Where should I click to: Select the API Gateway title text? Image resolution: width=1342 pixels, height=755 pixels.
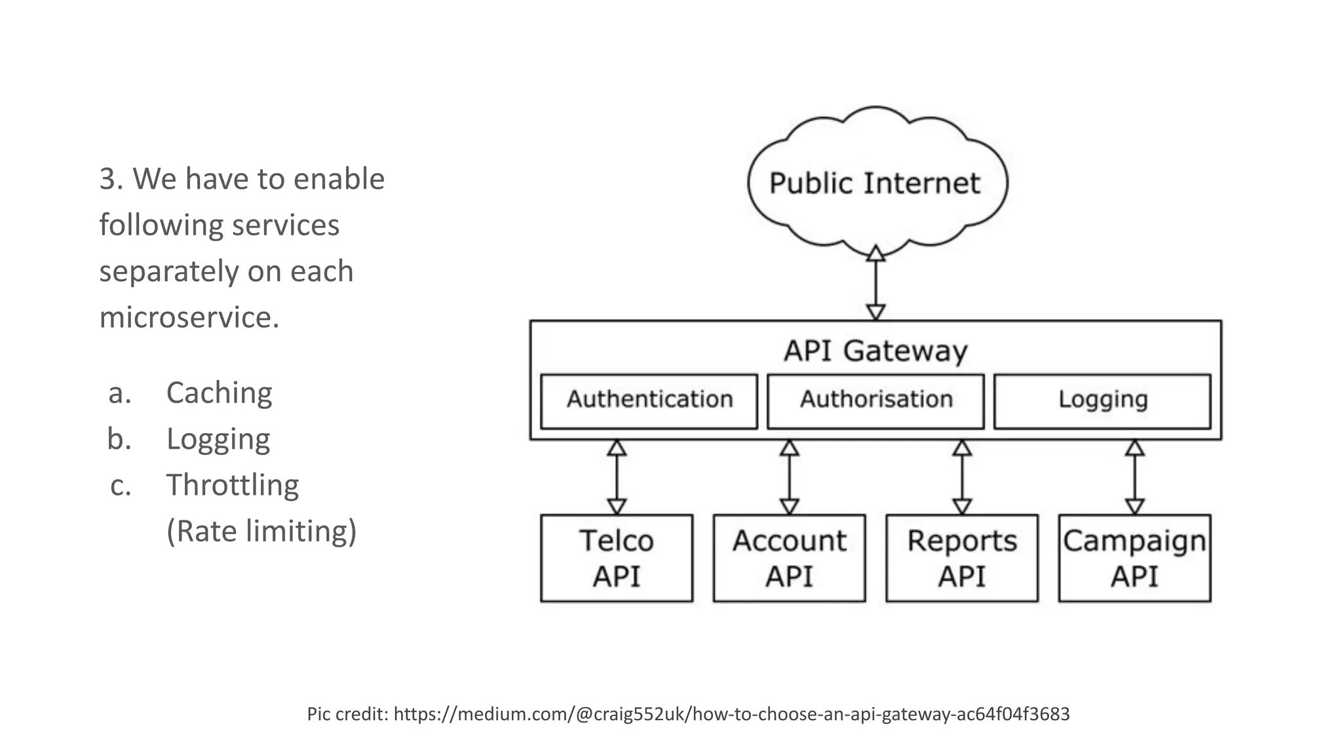875,351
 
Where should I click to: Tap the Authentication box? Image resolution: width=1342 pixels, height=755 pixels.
649,400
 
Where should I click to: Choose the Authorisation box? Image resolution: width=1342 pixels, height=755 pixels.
875,400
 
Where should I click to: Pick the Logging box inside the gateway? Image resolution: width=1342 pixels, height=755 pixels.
1102,400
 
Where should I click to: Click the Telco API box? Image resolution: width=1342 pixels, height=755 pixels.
616,558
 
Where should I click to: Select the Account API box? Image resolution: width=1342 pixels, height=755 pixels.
789,558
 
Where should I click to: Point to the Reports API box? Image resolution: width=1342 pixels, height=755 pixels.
961,558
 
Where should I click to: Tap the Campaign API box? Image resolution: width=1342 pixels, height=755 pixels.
1134,558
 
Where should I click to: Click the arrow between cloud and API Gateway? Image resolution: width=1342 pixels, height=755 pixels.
876,283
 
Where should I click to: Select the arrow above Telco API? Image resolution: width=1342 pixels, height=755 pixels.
617,477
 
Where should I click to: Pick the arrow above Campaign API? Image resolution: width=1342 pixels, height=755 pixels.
1135,477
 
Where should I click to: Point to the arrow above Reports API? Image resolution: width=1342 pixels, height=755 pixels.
962,477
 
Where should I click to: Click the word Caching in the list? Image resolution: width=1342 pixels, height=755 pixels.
219,393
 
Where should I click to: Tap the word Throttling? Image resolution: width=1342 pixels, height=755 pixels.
232,486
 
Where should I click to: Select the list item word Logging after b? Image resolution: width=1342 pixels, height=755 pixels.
218,440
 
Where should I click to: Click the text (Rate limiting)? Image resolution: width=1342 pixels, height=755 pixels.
261,532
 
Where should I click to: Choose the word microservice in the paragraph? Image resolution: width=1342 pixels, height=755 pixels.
189,317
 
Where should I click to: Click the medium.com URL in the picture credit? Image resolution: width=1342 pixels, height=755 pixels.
731,714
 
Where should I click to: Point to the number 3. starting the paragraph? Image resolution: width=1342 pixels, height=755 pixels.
111,179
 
